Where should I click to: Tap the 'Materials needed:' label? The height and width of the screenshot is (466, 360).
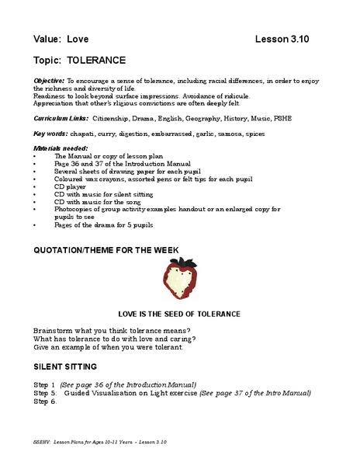[61, 147]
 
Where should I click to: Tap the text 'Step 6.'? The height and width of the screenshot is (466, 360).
[46, 402]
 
